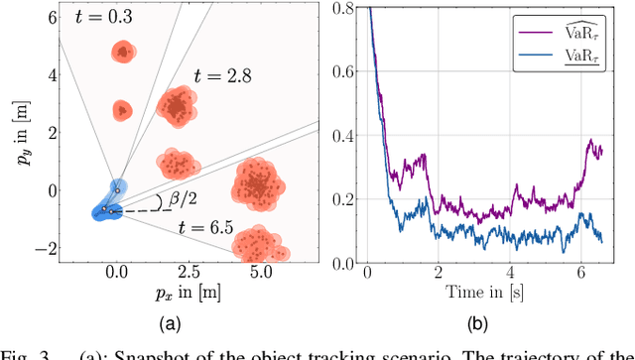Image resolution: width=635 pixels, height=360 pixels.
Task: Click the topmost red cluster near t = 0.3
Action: [x=122, y=52]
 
